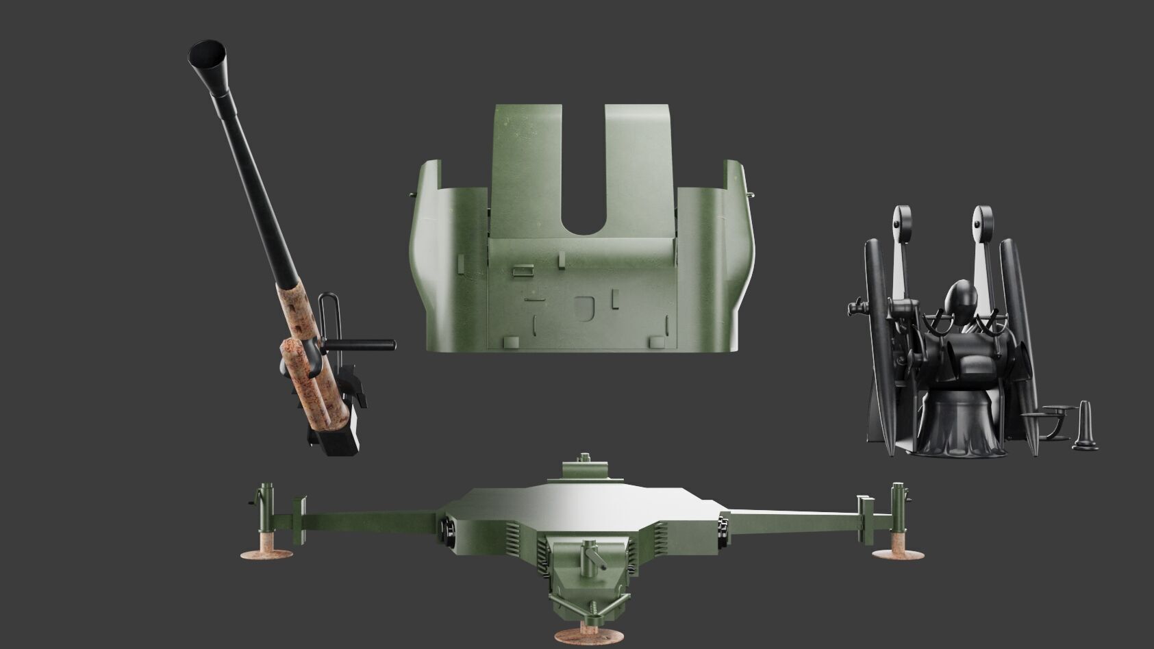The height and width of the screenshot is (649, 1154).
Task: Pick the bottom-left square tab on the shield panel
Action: (511, 341)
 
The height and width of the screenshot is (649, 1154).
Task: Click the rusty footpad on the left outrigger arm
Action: (266, 554)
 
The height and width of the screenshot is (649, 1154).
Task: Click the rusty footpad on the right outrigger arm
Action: (897, 553)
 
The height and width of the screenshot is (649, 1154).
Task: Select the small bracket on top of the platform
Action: (586, 470)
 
